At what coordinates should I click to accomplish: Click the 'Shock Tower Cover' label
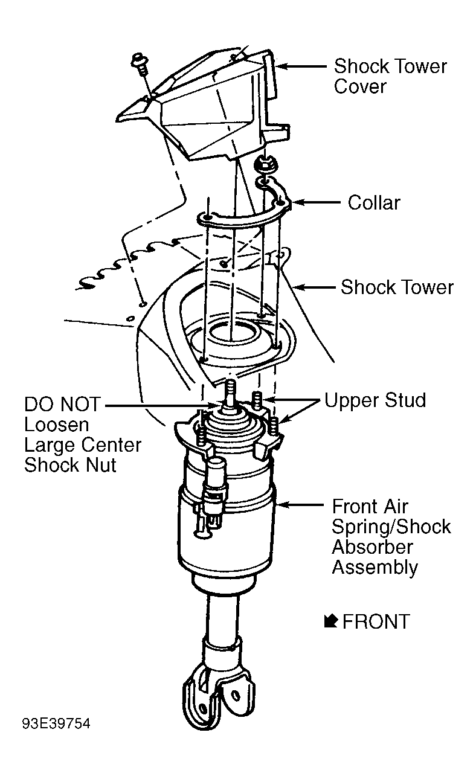(x=390, y=76)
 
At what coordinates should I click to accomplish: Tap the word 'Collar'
(x=374, y=203)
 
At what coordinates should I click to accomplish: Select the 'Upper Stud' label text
(x=375, y=400)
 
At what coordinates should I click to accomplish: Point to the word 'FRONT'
(x=376, y=621)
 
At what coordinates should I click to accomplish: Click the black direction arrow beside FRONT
(x=331, y=621)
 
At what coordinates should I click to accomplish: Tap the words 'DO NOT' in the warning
(x=62, y=404)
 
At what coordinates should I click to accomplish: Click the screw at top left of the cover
(x=140, y=65)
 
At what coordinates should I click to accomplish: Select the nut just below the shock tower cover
(x=265, y=164)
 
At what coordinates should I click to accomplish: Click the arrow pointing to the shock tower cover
(x=301, y=66)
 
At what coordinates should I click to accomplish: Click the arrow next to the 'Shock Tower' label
(x=314, y=287)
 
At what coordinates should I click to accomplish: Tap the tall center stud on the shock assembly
(x=231, y=396)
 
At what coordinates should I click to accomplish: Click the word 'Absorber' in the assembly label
(x=372, y=547)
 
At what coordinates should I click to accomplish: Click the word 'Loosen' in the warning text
(x=56, y=425)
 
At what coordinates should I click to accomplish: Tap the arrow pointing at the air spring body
(x=300, y=505)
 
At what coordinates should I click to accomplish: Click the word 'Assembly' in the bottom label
(x=375, y=568)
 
